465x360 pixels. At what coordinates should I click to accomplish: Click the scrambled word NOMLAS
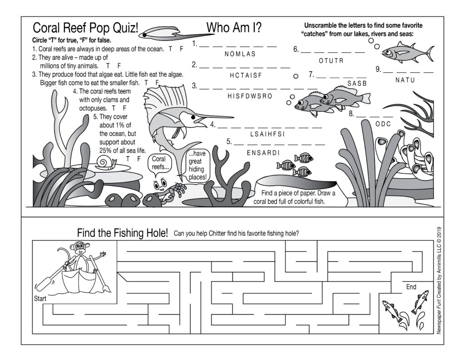pos(240,54)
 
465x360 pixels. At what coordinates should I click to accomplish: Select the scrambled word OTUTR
pos(331,61)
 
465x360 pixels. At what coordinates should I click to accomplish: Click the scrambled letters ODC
pos(383,124)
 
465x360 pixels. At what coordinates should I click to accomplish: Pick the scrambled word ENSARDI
pos(263,153)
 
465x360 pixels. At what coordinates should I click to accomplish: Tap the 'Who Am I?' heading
pos(234,28)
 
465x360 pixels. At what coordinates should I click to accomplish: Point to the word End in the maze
pos(411,287)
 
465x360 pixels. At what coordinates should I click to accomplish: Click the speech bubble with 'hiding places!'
pos(197,165)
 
